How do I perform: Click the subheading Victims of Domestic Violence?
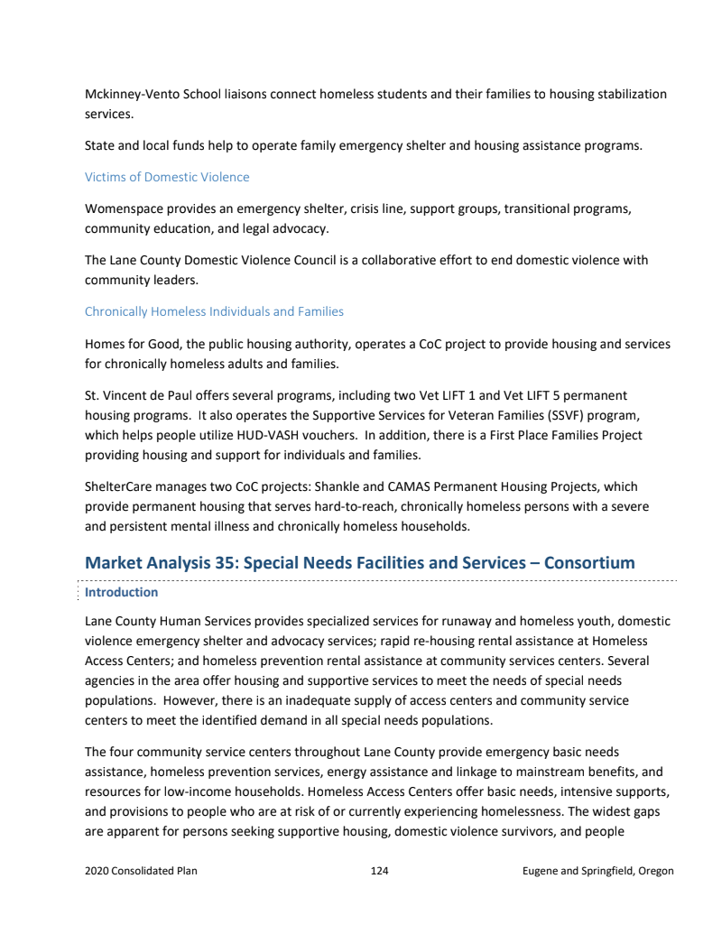(167, 177)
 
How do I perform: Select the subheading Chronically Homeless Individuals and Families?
(214, 311)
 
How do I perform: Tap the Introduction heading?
(121, 592)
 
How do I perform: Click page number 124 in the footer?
(379, 871)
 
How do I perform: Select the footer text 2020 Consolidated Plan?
(141, 871)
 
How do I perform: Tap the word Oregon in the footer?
(654, 871)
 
